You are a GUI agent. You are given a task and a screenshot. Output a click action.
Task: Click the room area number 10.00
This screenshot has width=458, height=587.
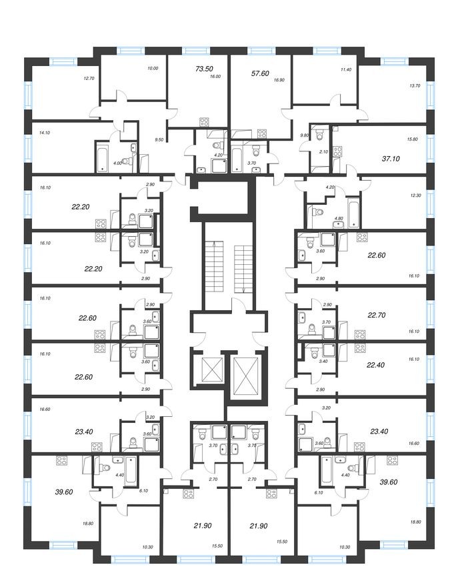click(x=153, y=68)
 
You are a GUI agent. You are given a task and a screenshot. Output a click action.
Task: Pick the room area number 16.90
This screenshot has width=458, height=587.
click(x=279, y=79)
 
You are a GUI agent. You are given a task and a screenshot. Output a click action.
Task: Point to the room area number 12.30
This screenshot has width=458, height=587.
click(x=415, y=194)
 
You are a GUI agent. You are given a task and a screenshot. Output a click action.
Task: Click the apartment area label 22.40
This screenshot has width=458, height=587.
click(x=377, y=365)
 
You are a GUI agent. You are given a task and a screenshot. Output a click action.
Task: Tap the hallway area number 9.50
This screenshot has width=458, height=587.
click(x=159, y=139)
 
